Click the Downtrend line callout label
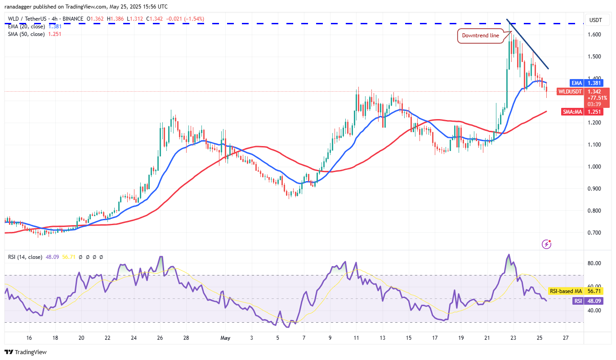click(x=480, y=36)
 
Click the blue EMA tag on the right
click(x=577, y=83)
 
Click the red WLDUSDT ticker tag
click(x=570, y=92)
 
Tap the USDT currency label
click(x=596, y=20)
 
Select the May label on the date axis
click(x=225, y=338)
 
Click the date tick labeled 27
click(x=566, y=338)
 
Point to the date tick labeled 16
click(x=29, y=338)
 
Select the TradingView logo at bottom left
click(x=26, y=352)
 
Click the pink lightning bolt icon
click(x=547, y=244)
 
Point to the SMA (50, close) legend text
click(x=26, y=34)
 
